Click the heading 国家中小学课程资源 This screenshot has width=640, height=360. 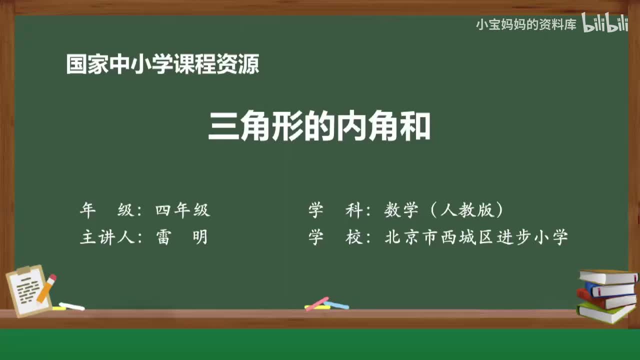coord(162,64)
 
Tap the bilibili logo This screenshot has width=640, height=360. coord(604,23)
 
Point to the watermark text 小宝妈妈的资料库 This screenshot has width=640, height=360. coord(526,24)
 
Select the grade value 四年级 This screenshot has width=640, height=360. coord(182,210)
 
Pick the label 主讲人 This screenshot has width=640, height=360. coord(106,237)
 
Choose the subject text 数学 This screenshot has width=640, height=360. coord(401,210)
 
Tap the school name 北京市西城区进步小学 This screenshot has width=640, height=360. coord(476,237)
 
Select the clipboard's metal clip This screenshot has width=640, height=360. coord(23,270)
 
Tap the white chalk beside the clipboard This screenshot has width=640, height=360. coord(71,306)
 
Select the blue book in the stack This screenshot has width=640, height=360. coord(610,289)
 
